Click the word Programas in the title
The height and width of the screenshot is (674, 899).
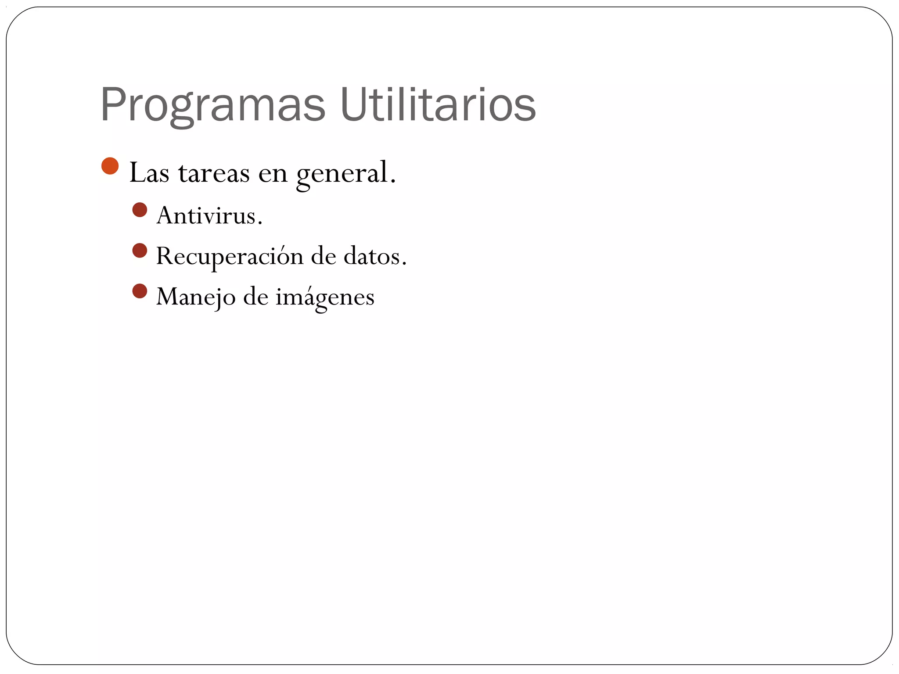213,105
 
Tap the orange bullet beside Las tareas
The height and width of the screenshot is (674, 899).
110,166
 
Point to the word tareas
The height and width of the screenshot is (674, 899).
214,173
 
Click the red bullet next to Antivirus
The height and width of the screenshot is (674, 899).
140,210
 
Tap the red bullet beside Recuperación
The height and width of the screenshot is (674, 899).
140,251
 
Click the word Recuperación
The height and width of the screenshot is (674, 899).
230,256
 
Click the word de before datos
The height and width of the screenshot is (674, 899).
324,256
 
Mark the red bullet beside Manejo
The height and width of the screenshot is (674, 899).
140,291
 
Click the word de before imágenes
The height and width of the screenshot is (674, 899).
255,297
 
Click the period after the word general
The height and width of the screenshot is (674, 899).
393,181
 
